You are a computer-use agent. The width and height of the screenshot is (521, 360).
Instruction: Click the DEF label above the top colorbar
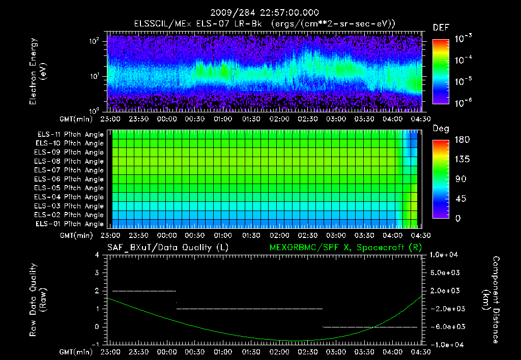(441, 27)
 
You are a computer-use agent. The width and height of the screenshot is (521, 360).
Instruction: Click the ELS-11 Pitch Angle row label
(70, 134)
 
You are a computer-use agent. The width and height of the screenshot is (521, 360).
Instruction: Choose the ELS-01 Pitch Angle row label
(70, 224)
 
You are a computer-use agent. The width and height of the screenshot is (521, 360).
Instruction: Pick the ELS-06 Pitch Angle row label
(70, 179)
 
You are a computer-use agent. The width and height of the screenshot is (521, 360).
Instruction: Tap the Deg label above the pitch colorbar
(440, 129)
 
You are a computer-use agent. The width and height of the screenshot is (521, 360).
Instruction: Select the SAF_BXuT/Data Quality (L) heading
(167, 248)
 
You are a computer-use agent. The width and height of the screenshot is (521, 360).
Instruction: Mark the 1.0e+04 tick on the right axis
(445, 255)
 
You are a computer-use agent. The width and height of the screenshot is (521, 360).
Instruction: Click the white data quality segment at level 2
(144, 291)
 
